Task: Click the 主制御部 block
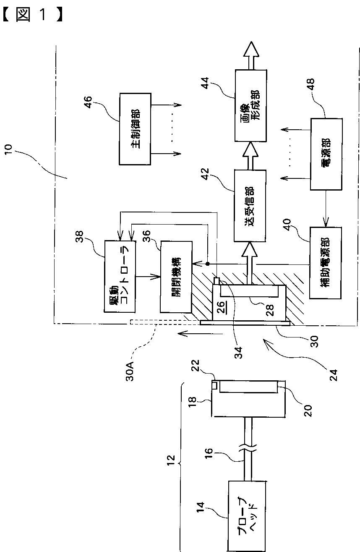coord(135,129)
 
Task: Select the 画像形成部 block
coord(250,105)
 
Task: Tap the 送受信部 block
coord(250,206)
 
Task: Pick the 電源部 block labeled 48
coord(326,154)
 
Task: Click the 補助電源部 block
coord(325,263)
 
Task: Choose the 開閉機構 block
coord(176,277)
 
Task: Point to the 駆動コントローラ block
coord(120,276)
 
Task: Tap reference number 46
coord(88,102)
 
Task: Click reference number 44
coord(205,83)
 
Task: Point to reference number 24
coord(333,375)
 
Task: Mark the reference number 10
coord(8,150)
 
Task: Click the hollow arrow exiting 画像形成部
coord(251,55)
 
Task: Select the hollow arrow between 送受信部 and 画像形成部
coord(250,156)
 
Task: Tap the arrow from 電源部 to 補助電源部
coord(326,208)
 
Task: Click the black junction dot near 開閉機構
coord(208,264)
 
